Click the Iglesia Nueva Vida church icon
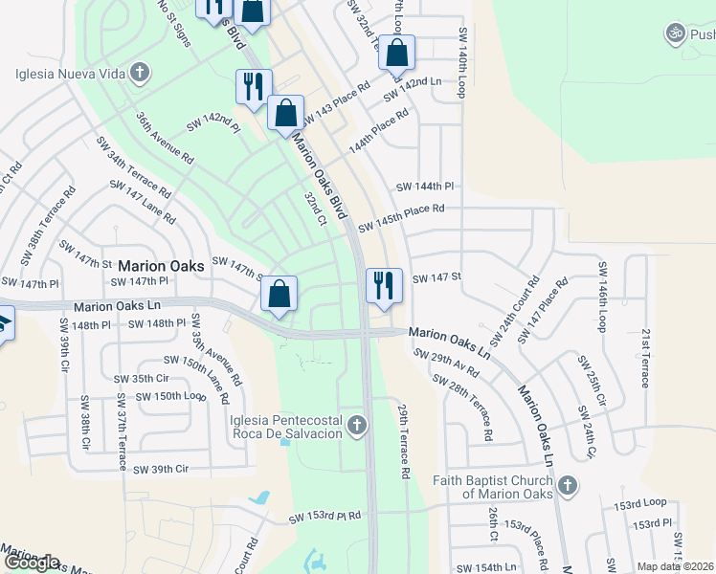tap(140, 72)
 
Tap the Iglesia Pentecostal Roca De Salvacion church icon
tap(357, 425)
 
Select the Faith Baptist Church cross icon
tap(568, 486)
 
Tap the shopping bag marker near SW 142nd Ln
tap(396, 55)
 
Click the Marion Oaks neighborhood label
tap(161, 266)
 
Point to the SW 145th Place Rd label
tap(401, 217)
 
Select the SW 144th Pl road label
tap(423, 186)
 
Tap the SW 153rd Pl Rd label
tap(325, 517)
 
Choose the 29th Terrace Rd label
tap(403, 440)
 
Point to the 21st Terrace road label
tap(646, 358)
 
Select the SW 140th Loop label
tap(461, 63)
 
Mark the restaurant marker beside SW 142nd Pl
tap(254, 87)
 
